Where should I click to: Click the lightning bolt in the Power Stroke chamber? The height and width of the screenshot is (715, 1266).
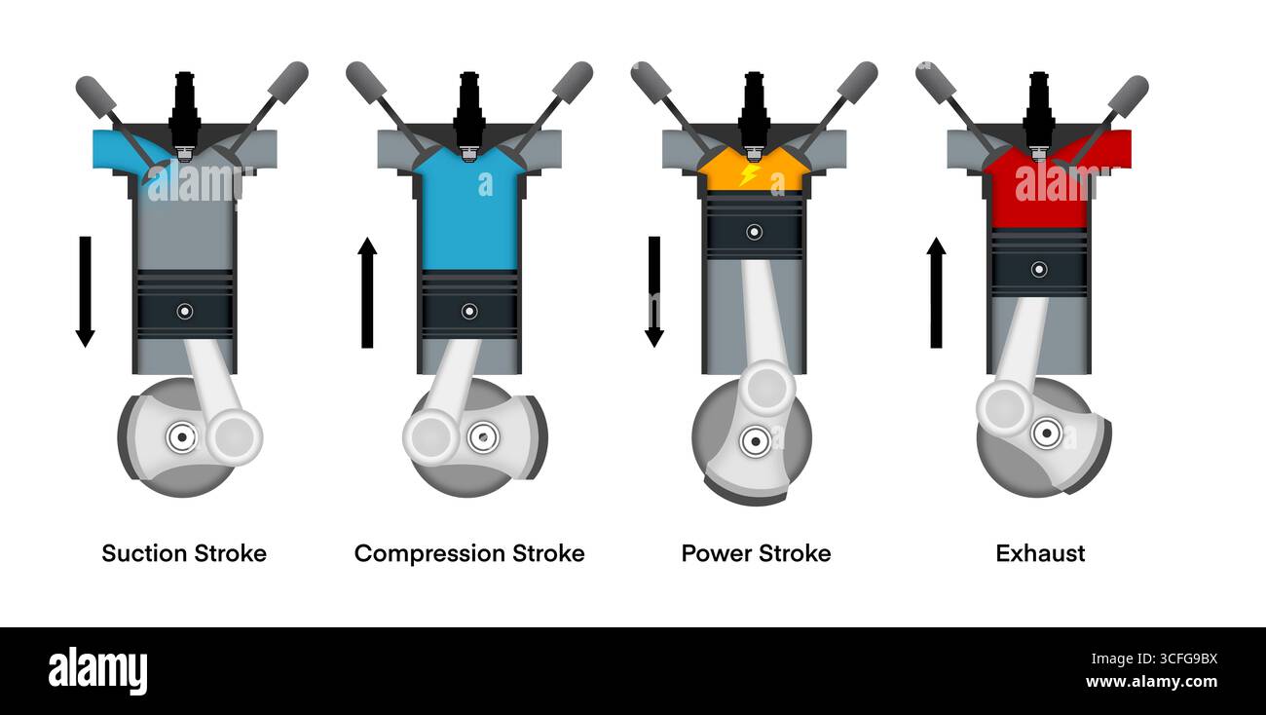[x=750, y=174]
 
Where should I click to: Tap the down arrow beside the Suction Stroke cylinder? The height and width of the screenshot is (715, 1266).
[x=86, y=291]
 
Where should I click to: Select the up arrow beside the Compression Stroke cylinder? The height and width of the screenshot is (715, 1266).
[x=367, y=292]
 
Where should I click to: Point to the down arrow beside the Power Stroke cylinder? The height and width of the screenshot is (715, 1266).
[x=654, y=291]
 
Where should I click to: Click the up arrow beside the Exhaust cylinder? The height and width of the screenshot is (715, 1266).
[x=937, y=292]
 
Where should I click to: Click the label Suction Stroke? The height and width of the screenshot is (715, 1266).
[x=184, y=553]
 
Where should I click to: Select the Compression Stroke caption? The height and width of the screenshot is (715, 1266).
[x=469, y=554]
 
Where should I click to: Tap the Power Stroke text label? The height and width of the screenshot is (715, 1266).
[x=757, y=553]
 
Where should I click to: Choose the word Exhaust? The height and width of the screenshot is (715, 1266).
[x=1040, y=553]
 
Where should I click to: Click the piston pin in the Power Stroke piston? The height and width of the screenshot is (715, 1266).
[x=755, y=232]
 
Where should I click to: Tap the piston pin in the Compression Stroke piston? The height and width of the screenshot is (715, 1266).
[x=469, y=312]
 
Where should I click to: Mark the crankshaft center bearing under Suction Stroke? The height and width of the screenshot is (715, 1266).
[x=182, y=437]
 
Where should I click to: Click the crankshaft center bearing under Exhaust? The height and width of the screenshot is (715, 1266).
[x=1047, y=433]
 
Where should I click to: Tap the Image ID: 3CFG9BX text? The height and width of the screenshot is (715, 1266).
[x=1154, y=659]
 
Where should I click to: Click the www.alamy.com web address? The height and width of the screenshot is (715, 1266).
[x=1151, y=682]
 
